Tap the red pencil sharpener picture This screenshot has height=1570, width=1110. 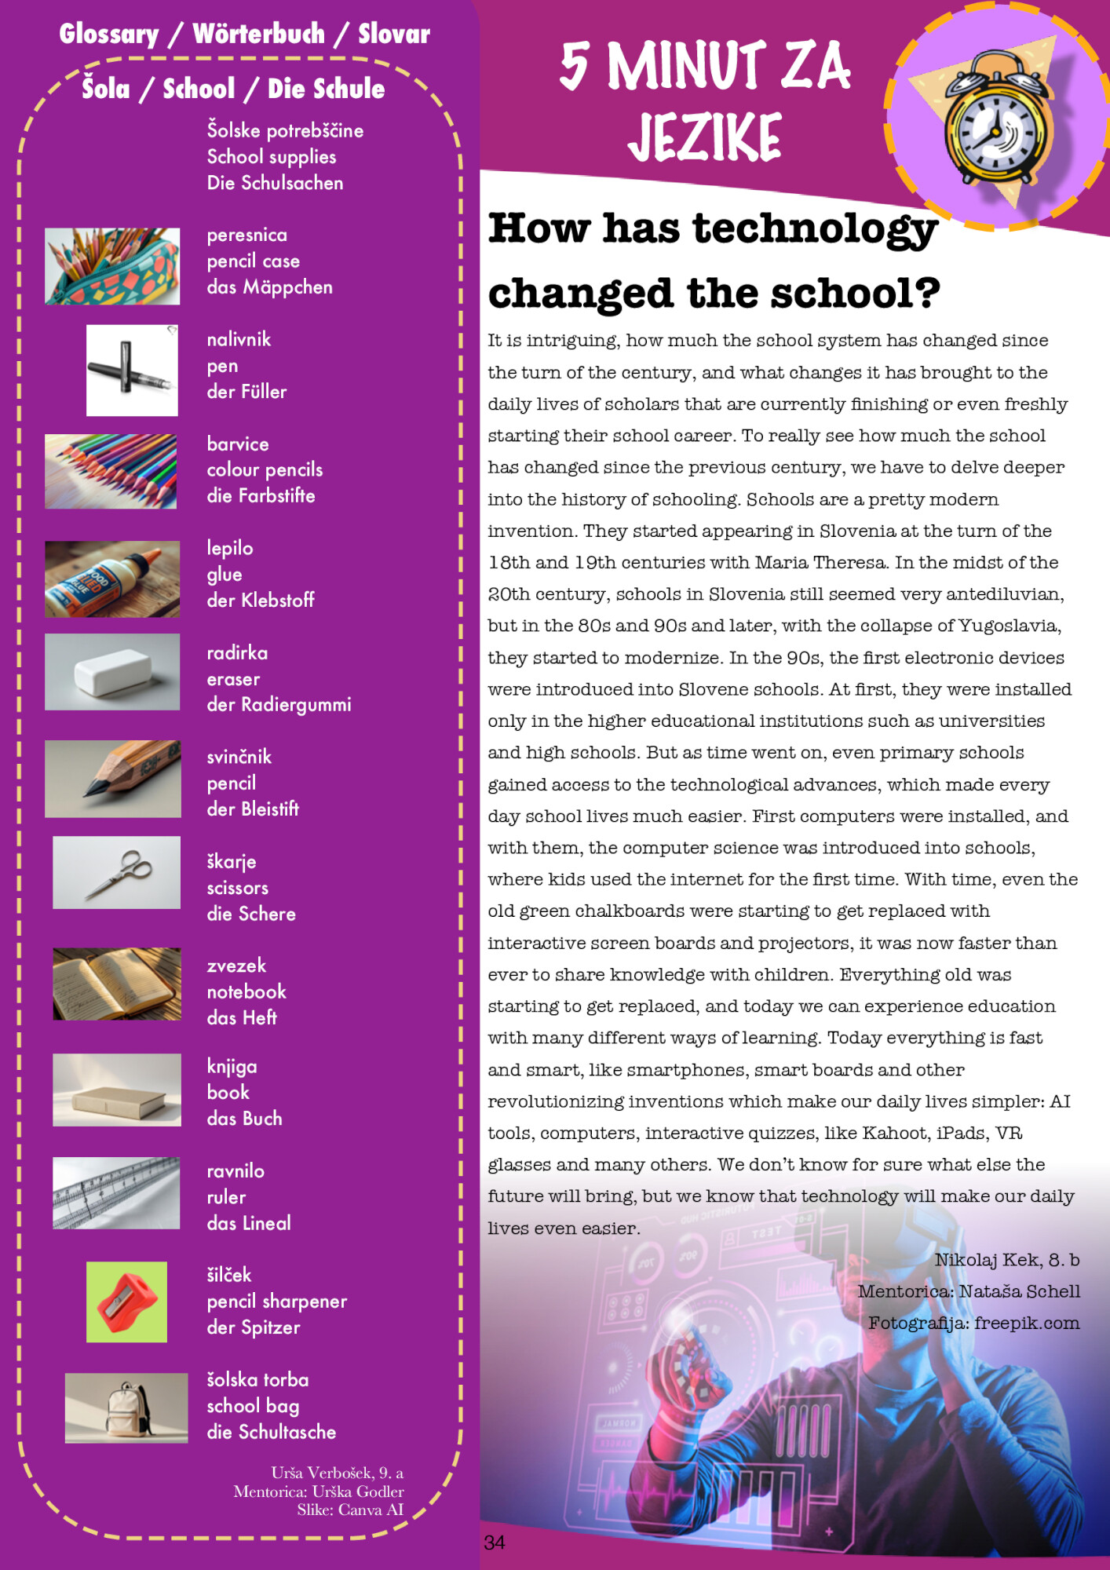click(126, 1302)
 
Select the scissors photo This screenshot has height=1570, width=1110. click(116, 872)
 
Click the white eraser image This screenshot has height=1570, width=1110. click(112, 672)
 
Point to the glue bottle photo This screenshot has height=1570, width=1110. click(112, 579)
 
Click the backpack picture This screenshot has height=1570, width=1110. click(126, 1408)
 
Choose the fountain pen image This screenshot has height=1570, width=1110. click(132, 370)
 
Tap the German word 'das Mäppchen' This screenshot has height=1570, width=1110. click(269, 287)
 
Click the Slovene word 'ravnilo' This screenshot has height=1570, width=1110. click(236, 1170)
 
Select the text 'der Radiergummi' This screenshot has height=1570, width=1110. click(279, 704)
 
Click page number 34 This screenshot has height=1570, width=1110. click(495, 1543)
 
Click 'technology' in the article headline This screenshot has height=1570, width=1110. click(814, 228)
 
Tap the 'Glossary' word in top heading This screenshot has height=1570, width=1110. click(109, 34)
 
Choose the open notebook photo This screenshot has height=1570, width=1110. click(116, 984)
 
